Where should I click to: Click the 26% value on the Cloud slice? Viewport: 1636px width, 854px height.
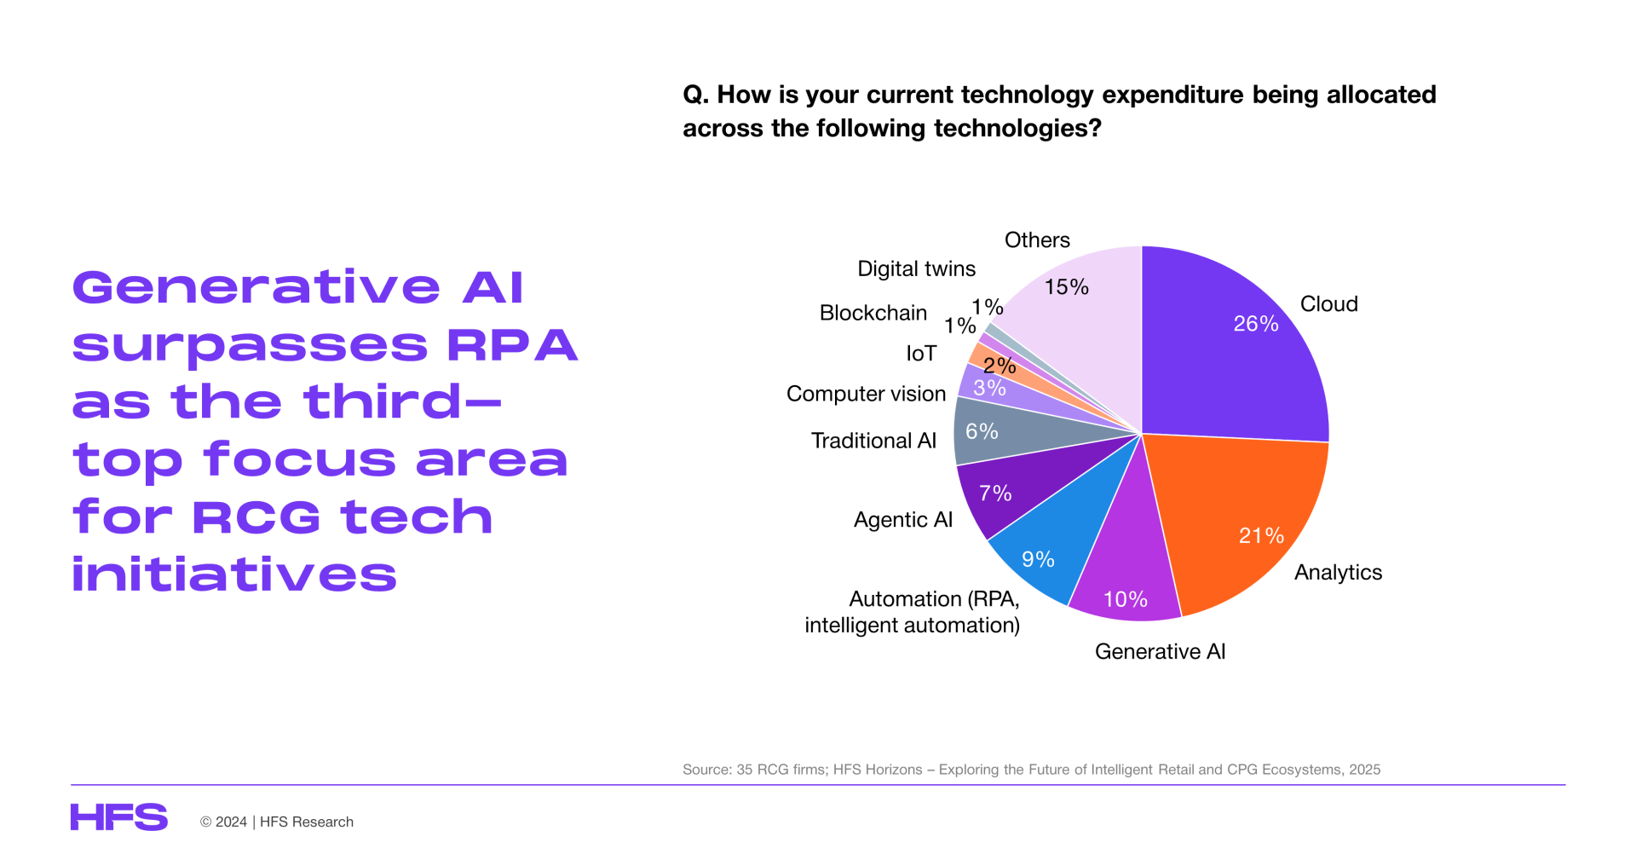(1256, 324)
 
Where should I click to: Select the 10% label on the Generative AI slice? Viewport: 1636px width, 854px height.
(1126, 599)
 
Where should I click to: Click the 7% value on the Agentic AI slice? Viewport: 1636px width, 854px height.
(995, 493)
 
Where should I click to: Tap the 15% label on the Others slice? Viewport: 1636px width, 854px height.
(1067, 287)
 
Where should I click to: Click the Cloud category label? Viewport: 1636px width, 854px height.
(1329, 304)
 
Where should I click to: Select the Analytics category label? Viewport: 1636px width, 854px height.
(1339, 573)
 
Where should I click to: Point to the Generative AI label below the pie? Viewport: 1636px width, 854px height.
(1161, 652)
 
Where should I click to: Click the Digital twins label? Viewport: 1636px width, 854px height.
(917, 269)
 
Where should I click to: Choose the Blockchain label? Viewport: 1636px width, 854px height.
(873, 313)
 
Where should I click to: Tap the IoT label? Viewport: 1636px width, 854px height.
(921, 354)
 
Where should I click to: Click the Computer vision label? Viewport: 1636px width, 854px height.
(867, 394)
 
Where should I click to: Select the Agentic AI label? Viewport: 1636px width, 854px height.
(903, 520)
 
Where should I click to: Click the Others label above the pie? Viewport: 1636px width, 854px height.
(1037, 240)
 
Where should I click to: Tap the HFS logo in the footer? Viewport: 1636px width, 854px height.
(119, 817)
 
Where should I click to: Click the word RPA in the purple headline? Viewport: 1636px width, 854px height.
(512, 345)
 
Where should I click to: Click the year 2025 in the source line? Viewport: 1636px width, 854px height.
(1365, 770)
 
